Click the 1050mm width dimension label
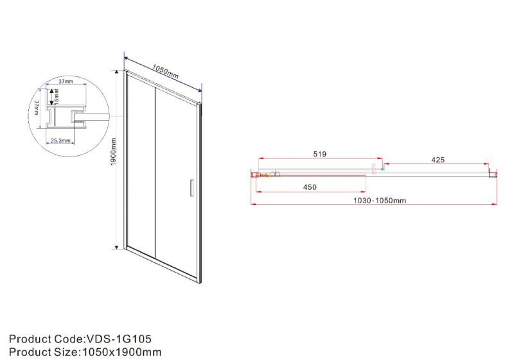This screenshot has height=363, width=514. [166, 72]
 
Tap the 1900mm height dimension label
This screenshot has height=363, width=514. [114, 152]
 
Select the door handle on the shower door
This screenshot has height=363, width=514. [192, 188]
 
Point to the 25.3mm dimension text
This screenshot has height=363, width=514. [60, 140]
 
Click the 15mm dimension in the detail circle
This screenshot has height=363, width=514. [57, 97]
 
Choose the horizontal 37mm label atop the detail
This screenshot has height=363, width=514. [66, 81]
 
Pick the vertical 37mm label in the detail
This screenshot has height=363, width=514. [37, 107]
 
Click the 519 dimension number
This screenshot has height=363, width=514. [319, 154]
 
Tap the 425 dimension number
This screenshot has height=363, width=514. [438, 160]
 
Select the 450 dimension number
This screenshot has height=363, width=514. [310, 187]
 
